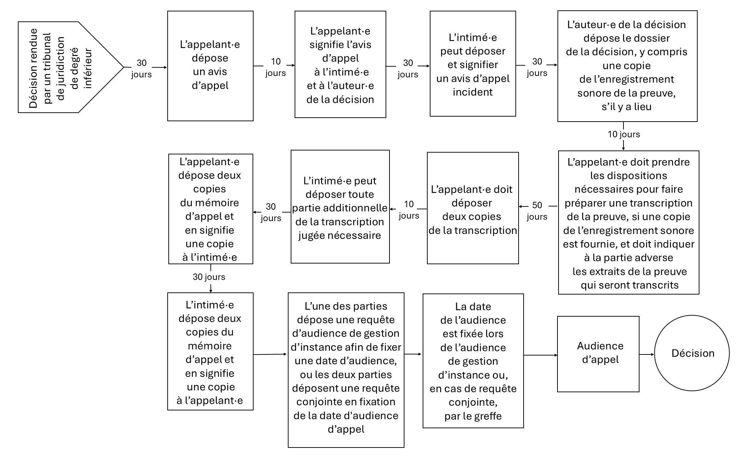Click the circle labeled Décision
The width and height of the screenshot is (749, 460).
[692, 353]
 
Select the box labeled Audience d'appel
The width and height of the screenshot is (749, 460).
[598, 354]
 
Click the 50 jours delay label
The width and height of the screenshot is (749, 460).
[537, 211]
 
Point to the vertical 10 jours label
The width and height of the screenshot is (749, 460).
[624, 134]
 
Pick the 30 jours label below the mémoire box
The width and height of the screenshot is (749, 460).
[209, 277]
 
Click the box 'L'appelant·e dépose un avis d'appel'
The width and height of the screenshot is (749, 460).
[210, 66]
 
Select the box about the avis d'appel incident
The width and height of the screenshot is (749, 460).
[473, 64]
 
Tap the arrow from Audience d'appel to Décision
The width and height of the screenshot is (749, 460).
[647, 354]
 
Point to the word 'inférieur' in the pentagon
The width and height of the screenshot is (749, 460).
[87, 68]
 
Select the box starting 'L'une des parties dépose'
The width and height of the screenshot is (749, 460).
[346, 370]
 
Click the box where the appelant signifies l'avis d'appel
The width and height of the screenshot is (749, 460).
[340, 64]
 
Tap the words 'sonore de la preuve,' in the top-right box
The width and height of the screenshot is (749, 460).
[626, 93]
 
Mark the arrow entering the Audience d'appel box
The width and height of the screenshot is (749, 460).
[540, 355]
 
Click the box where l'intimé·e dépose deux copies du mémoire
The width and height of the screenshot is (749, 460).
[210, 352]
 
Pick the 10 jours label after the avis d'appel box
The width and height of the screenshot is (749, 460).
[275, 67]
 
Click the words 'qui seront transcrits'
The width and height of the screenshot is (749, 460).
[630, 285]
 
